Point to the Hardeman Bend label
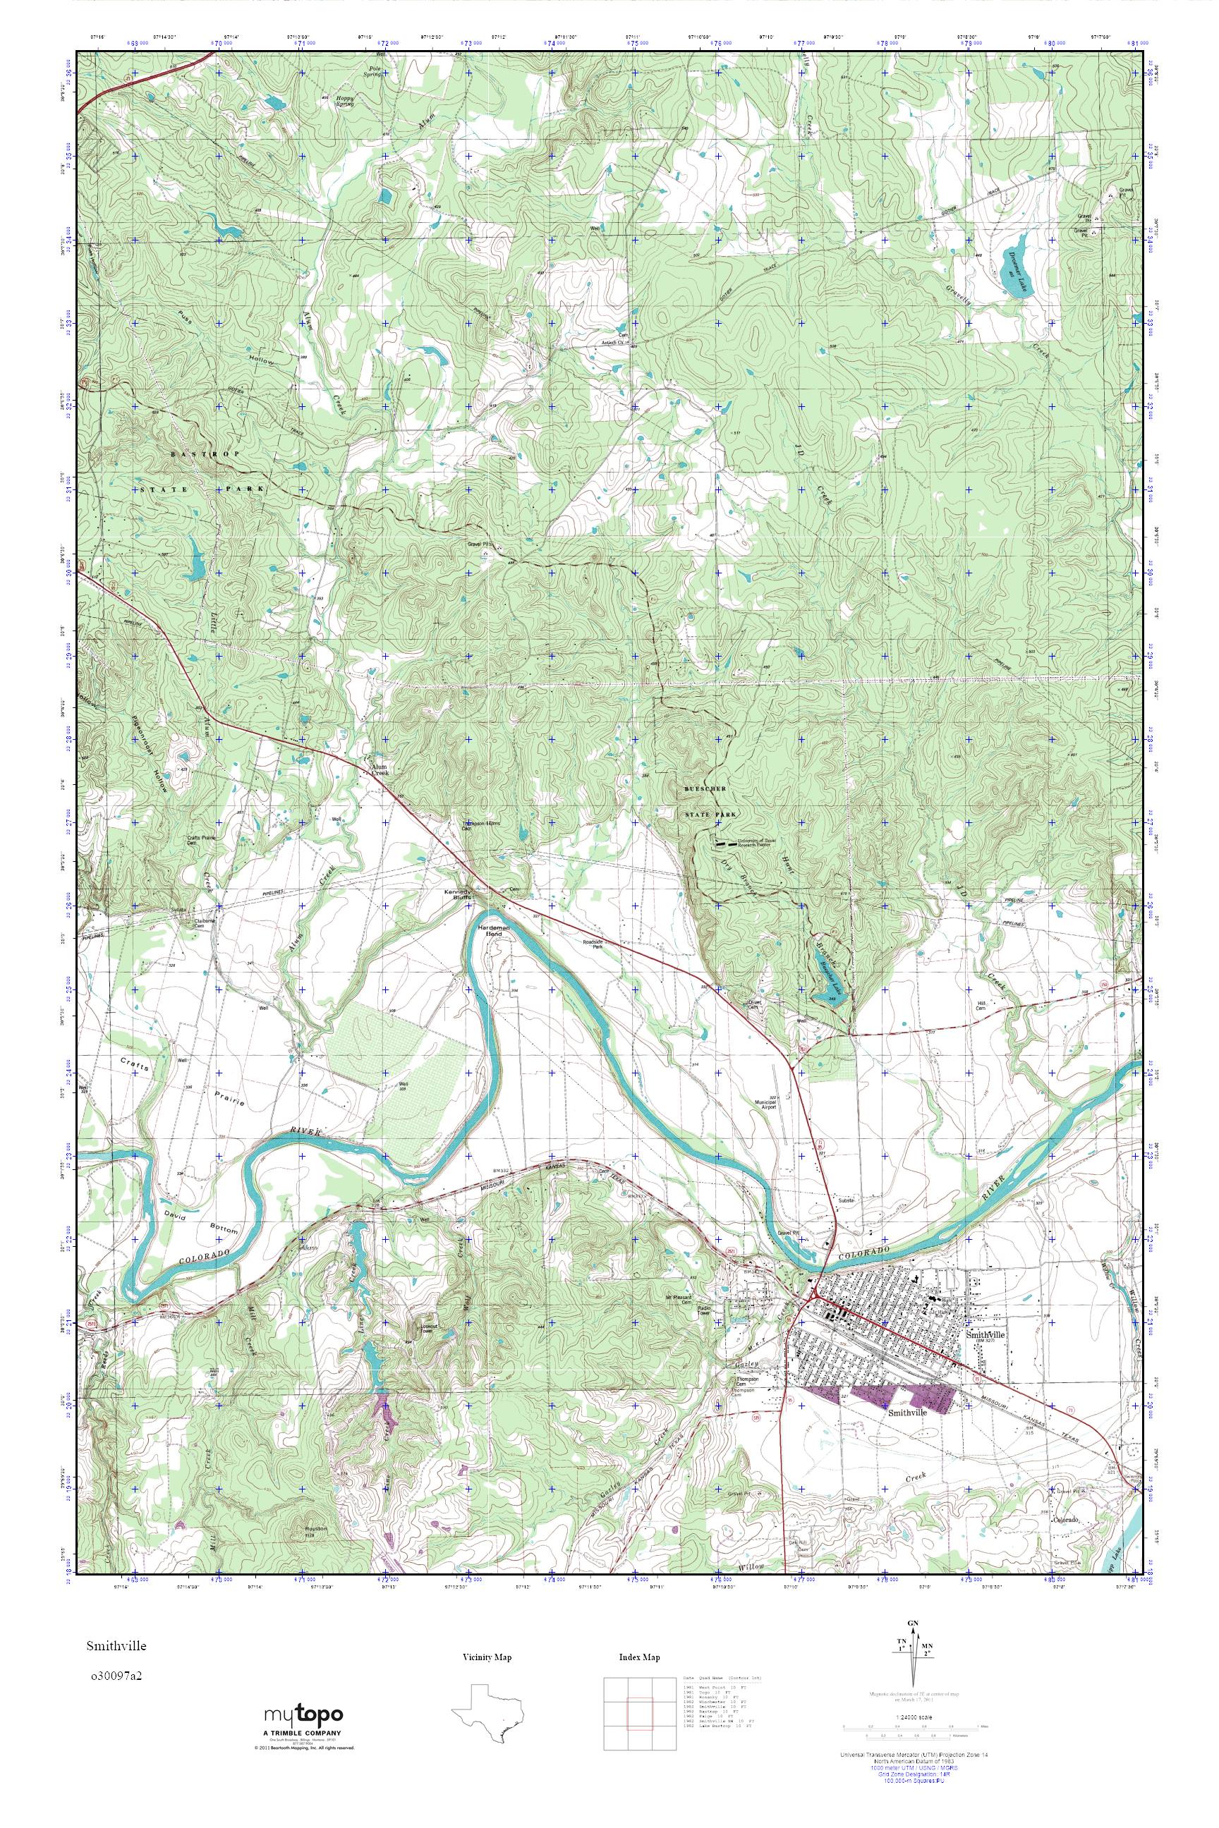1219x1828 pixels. pos(492,932)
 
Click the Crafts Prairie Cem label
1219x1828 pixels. pos(200,840)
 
